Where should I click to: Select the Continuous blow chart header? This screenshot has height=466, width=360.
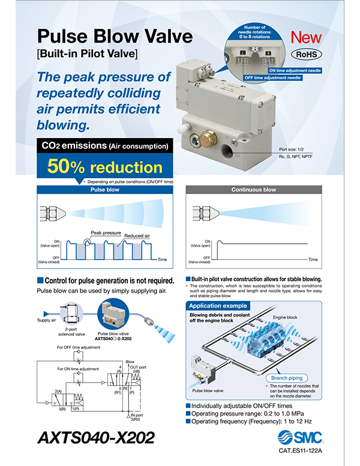tap(253, 189)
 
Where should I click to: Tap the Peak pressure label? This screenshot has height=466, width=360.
tap(106, 232)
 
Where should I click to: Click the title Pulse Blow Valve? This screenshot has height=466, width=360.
tap(115, 37)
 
